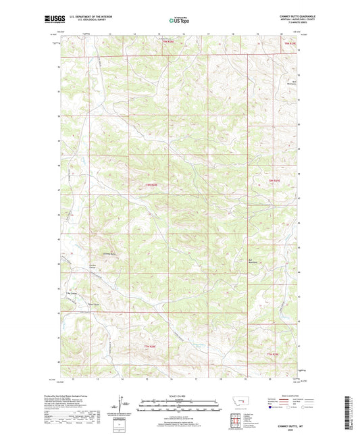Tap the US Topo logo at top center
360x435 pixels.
point(177,21)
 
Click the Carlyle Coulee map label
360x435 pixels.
point(93,265)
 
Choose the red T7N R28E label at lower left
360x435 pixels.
point(150,346)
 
